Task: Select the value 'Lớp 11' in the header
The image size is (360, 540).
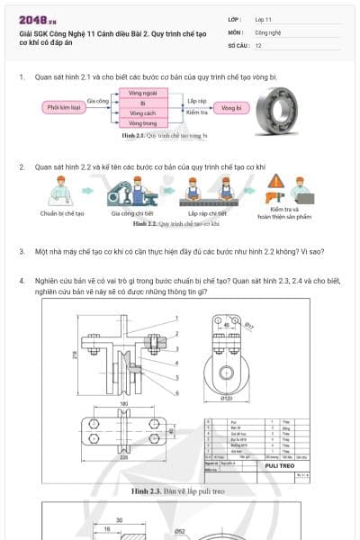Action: click(x=263, y=19)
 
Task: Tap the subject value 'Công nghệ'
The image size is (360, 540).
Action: click(x=267, y=31)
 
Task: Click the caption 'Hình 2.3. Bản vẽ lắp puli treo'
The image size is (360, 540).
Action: click(x=177, y=492)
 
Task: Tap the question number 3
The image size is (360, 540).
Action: click(x=22, y=251)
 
